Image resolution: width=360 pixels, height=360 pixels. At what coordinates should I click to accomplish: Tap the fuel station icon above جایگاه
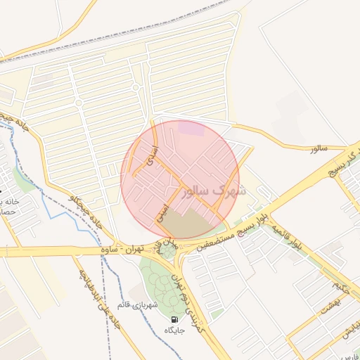pos(174,319)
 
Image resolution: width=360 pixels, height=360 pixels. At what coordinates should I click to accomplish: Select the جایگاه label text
pos(174,330)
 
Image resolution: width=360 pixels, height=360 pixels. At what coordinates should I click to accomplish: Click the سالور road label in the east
pos(319,149)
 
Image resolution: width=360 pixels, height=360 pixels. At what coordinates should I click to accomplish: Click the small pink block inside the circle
pos(191,128)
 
